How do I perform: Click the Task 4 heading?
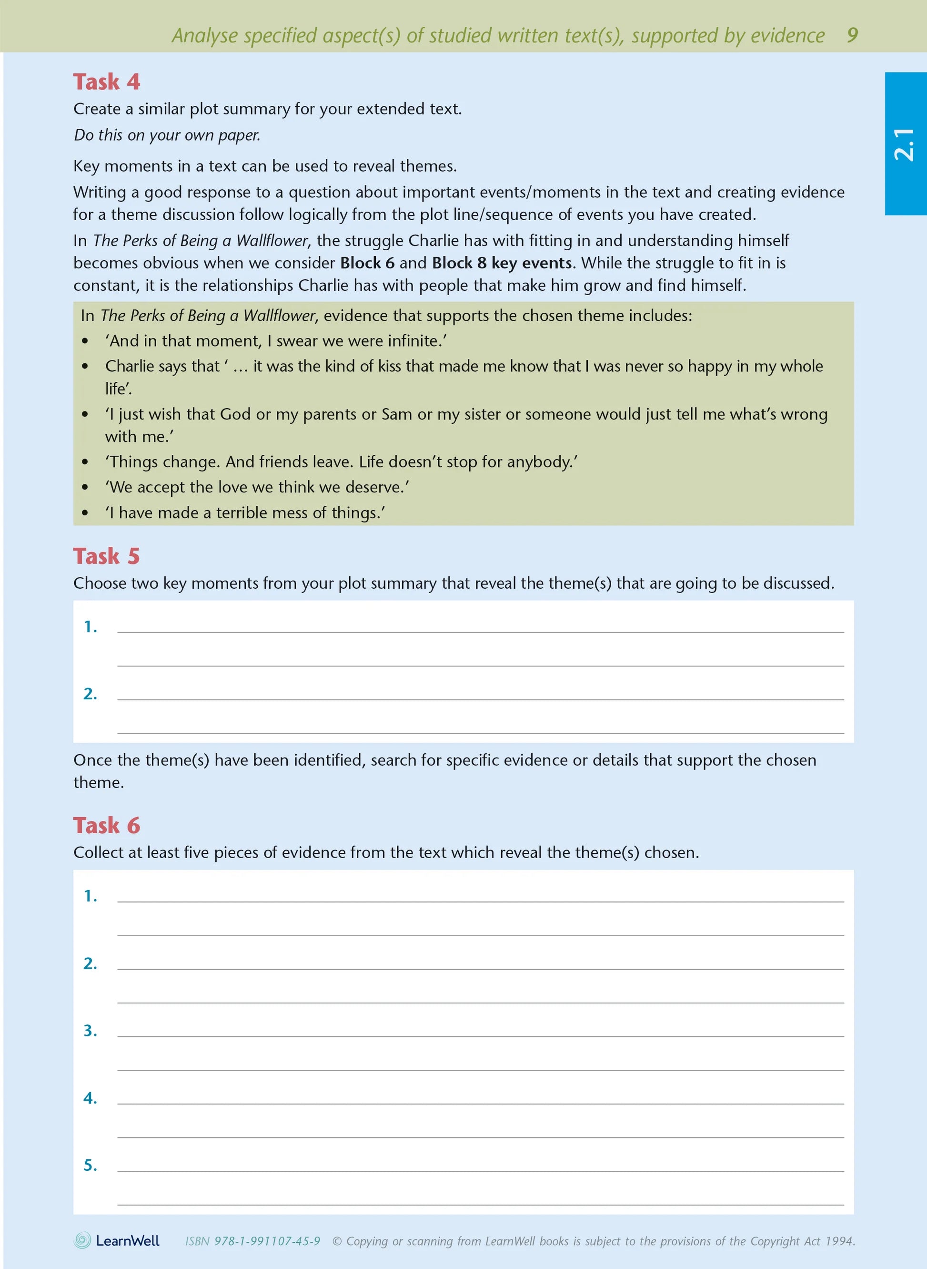(x=106, y=82)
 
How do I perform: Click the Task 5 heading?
(x=106, y=556)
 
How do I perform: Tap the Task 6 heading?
(x=106, y=825)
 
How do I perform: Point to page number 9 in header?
(x=852, y=35)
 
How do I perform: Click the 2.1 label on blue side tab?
(x=904, y=144)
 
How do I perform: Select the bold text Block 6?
(x=367, y=263)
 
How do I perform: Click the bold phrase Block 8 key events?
(x=502, y=263)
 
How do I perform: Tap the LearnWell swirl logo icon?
(x=82, y=1240)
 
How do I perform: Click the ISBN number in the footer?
(x=267, y=1241)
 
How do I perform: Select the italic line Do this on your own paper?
(x=167, y=135)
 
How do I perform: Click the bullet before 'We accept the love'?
(x=85, y=487)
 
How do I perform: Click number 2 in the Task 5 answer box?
(x=90, y=694)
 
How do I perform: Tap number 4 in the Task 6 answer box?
(x=90, y=1098)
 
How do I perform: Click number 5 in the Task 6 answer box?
(x=90, y=1165)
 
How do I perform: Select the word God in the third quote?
(x=235, y=414)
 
